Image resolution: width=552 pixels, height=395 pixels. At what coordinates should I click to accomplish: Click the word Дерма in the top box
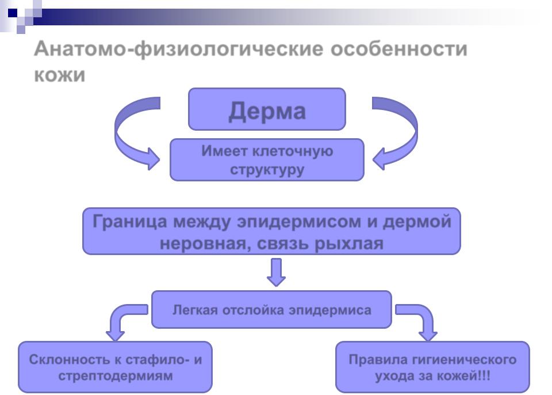[267, 111]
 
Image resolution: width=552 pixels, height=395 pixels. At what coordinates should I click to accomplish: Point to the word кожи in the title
[60, 75]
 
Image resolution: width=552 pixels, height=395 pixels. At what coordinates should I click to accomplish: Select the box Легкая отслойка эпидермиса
[271, 310]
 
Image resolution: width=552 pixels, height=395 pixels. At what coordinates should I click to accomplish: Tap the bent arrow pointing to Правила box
[419, 321]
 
